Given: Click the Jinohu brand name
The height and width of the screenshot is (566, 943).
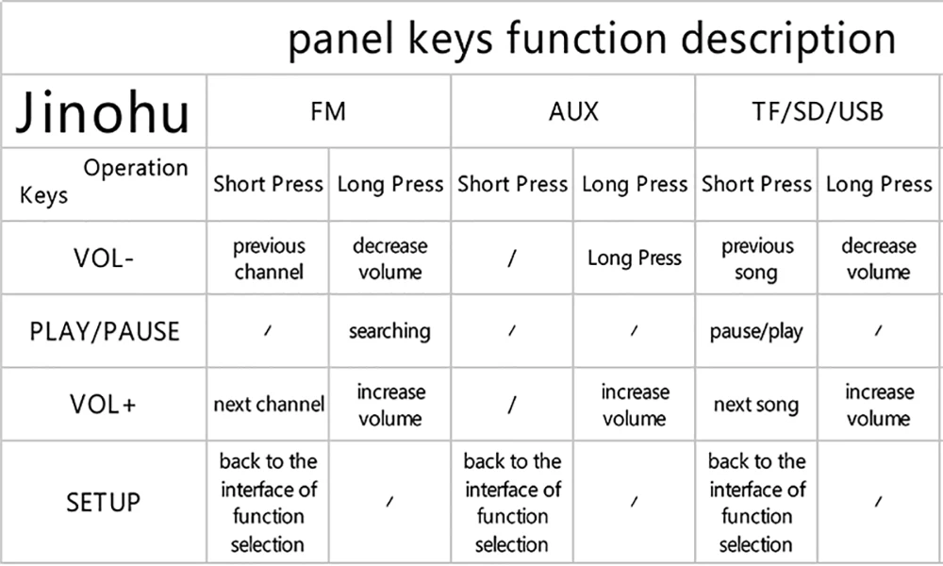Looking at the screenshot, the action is [x=104, y=112].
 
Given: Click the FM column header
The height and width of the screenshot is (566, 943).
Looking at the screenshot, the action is [x=328, y=111].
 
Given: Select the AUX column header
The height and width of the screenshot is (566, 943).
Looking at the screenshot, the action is [x=573, y=111].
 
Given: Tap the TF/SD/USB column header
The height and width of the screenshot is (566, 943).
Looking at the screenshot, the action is [x=818, y=111].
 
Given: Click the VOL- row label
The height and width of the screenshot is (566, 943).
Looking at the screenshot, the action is [x=103, y=258].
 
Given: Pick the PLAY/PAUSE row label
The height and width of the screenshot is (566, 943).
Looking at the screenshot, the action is [x=104, y=332].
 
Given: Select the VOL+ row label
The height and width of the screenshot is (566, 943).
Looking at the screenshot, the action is [x=103, y=405].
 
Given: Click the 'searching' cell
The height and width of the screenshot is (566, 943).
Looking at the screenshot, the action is [x=389, y=331].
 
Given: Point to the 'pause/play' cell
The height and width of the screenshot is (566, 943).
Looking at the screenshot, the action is [x=756, y=332].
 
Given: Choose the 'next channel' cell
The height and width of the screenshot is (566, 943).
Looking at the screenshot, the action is [x=269, y=405].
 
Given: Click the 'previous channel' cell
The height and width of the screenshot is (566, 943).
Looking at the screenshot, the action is [x=269, y=258].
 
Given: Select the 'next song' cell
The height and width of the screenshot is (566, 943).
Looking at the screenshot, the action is [x=756, y=405].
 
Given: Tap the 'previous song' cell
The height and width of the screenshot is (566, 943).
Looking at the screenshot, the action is [x=756, y=258].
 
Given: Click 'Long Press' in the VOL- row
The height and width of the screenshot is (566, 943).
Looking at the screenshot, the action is [x=635, y=258].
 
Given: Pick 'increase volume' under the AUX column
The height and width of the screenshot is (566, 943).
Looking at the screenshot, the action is [x=635, y=405].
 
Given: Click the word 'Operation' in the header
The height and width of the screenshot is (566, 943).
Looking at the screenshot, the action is [x=136, y=168].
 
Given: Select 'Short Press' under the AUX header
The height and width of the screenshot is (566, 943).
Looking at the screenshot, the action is [x=513, y=184].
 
